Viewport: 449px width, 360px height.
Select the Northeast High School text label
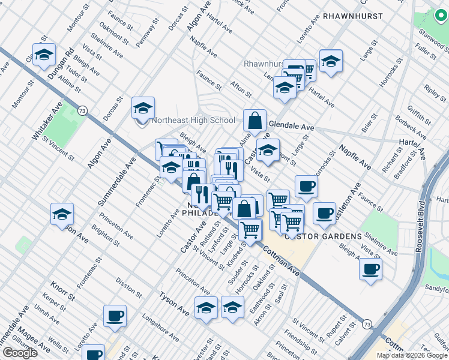pyautogui.click(x=193, y=120)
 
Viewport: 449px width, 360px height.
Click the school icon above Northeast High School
pyautogui.click(x=143, y=108)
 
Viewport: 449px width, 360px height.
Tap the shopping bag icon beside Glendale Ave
pyautogui.click(x=255, y=121)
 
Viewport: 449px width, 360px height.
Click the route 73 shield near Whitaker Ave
pyautogui.click(x=82, y=110)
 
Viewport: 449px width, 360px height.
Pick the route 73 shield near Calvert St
pyautogui.click(x=367, y=324)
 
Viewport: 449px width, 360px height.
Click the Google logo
pyautogui.click(x=20, y=353)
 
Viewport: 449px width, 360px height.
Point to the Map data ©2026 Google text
pyautogui.click(x=412, y=355)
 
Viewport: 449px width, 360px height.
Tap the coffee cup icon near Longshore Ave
pyautogui.click(x=115, y=316)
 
